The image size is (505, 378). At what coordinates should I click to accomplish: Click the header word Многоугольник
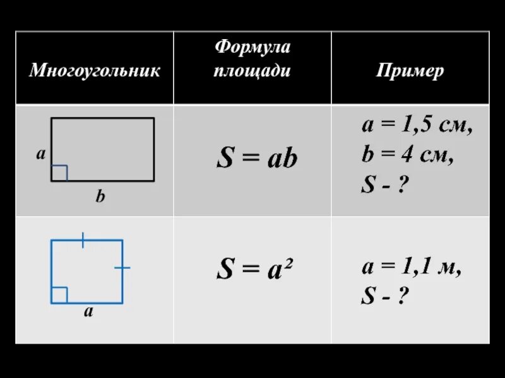point(95,70)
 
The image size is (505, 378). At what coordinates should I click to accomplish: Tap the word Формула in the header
point(252,47)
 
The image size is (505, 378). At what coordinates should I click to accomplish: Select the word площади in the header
point(252,70)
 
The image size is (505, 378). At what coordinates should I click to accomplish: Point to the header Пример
point(410,70)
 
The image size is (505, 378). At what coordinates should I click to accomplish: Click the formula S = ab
point(256,159)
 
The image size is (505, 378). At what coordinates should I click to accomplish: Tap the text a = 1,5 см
point(417,126)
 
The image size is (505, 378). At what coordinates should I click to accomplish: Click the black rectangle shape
point(103,149)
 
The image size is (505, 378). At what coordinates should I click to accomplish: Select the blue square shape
point(87,272)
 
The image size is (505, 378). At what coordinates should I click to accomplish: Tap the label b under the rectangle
point(100,197)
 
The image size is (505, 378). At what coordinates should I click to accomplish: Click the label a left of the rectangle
point(40,154)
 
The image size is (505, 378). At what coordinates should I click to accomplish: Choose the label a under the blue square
point(88,311)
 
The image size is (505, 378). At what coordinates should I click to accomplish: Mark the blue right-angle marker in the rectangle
point(59,173)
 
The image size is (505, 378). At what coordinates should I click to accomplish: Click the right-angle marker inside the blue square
point(59,295)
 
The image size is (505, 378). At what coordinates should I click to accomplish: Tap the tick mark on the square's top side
point(83,239)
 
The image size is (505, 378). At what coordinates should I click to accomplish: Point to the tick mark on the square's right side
point(122,268)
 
